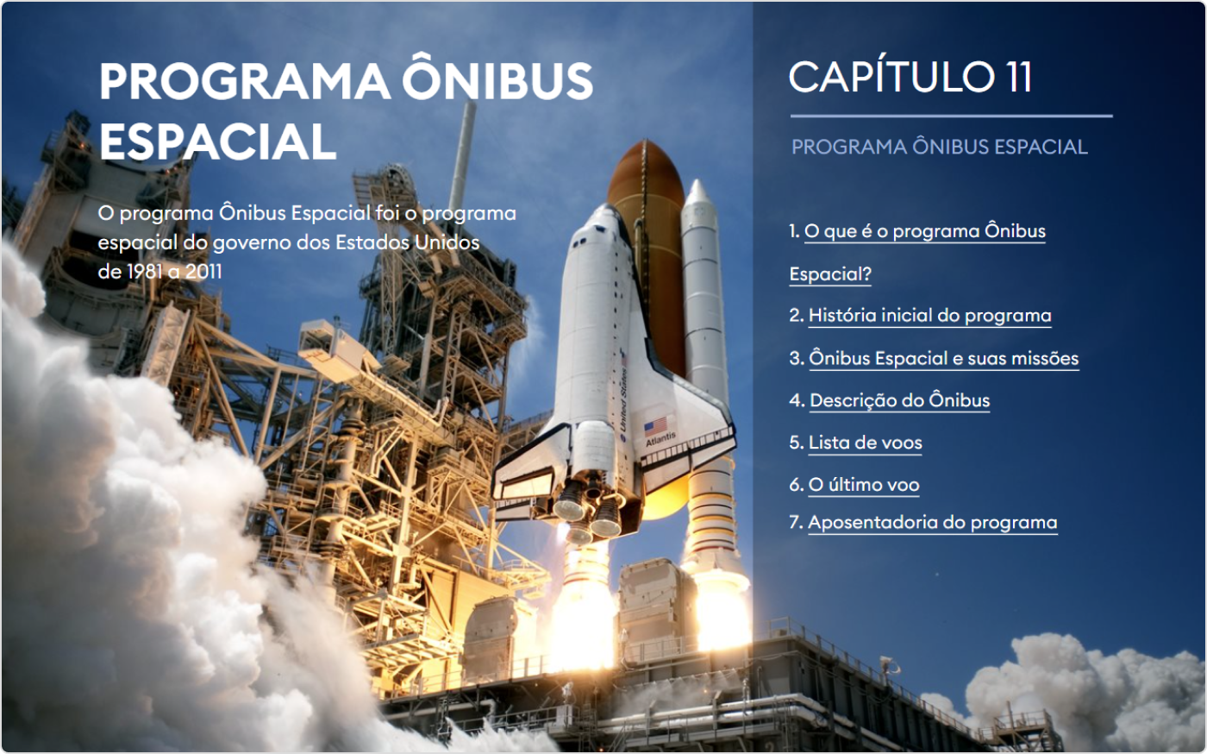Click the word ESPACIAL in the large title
(x=217, y=141)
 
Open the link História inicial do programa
(x=929, y=315)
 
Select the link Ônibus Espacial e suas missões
(x=943, y=357)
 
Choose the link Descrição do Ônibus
(x=899, y=400)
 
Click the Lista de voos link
(x=865, y=443)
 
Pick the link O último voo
(x=863, y=484)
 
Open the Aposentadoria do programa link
(x=932, y=522)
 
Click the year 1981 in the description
(x=145, y=271)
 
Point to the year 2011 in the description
(x=203, y=271)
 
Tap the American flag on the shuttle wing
(x=656, y=425)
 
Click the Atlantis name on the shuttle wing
(x=660, y=439)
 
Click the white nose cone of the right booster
(x=697, y=194)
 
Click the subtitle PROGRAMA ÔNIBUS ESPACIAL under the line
(x=939, y=147)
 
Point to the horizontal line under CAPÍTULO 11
(x=951, y=116)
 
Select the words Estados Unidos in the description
(x=407, y=242)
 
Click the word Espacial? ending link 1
(x=829, y=273)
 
